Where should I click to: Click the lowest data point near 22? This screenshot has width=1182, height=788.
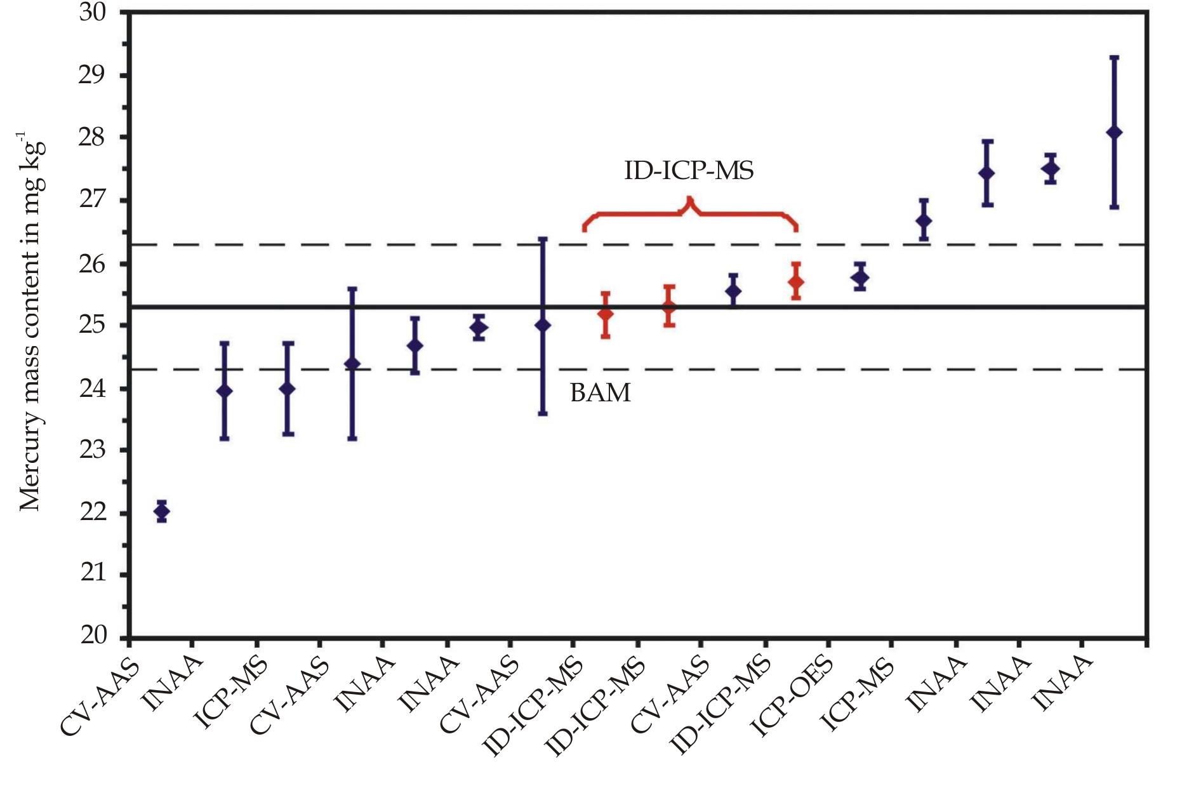click(x=162, y=511)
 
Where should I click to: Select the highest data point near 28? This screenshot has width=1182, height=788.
click(x=1114, y=132)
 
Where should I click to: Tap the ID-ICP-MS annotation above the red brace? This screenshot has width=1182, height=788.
click(x=689, y=170)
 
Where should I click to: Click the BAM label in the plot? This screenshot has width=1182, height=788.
click(x=601, y=393)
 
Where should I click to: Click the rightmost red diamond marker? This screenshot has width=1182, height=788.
click(x=796, y=281)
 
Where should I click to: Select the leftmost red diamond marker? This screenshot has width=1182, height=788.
click(x=606, y=314)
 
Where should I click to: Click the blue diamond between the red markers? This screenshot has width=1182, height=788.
click(x=733, y=291)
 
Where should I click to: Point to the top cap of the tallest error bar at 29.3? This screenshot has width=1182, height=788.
click(x=1114, y=58)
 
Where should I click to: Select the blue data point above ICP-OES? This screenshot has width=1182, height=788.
click(x=861, y=277)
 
